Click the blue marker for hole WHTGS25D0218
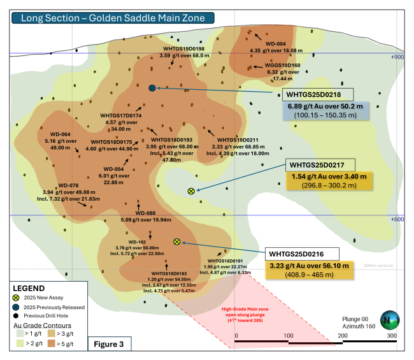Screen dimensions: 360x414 [x=152, y=88]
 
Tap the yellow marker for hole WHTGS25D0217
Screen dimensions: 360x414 [x=190, y=191]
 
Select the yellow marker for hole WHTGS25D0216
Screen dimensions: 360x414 [x=177, y=241]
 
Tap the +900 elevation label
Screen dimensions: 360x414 [x=397, y=57]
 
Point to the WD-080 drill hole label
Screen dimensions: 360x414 [x=146, y=213]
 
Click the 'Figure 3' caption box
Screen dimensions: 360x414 [x=109, y=343]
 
